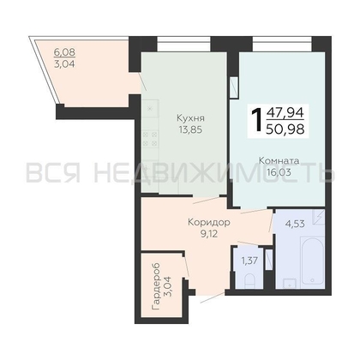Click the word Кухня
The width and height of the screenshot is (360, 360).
point(190,118)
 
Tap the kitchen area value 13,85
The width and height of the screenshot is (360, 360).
point(190,130)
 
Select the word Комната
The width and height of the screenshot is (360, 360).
point(279,161)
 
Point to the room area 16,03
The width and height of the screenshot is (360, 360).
point(279,172)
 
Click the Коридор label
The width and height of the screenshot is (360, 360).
point(209,222)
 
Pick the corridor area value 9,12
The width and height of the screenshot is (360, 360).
point(209,234)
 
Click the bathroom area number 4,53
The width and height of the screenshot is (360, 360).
point(295,224)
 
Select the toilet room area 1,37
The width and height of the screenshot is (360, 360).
point(249,261)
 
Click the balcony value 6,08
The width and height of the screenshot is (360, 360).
point(64,52)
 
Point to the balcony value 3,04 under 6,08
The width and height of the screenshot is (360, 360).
point(64,64)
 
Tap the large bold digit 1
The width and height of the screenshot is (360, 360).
point(257,121)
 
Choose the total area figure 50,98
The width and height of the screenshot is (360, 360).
point(285,129)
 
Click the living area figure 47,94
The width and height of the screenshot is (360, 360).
point(285,112)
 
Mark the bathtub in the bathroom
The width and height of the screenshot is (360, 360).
point(312,263)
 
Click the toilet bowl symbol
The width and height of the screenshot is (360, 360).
point(249,280)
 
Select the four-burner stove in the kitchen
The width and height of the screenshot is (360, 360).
point(150,138)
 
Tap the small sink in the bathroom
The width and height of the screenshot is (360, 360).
point(290,283)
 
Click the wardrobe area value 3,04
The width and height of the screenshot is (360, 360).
point(168,286)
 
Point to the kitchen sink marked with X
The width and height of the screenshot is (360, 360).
point(150,109)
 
